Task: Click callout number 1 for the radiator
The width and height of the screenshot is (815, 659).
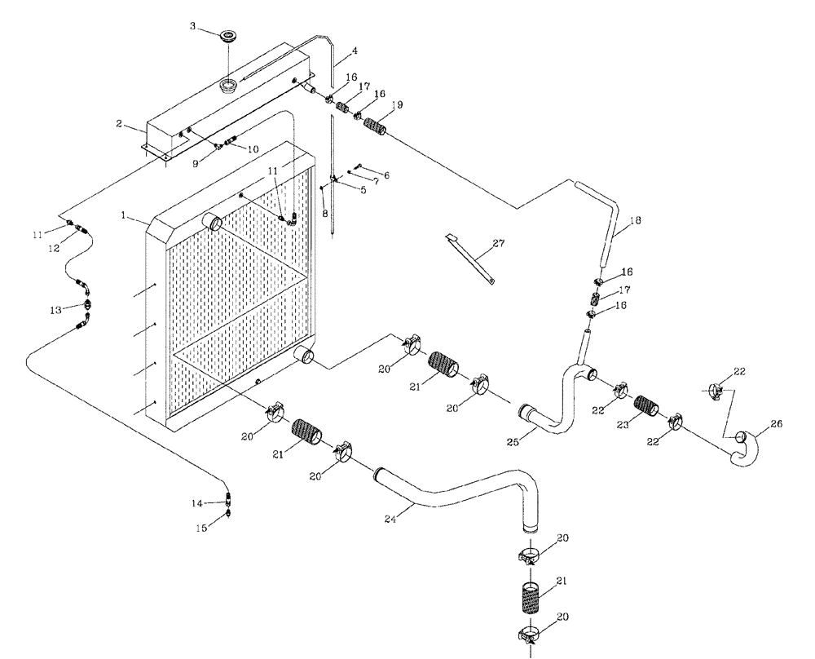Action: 124,216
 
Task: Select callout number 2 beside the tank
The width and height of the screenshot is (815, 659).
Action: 119,124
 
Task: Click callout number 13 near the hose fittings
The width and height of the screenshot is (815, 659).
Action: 55,310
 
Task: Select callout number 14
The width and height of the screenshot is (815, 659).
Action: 196,503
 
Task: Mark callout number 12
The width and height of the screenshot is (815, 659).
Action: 55,249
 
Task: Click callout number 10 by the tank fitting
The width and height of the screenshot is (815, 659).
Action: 253,150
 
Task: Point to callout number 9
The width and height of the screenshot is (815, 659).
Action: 195,163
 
